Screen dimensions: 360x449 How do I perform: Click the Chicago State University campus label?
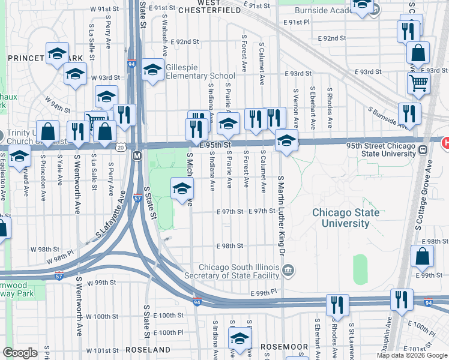345,218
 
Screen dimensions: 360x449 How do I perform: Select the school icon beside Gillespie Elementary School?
152,70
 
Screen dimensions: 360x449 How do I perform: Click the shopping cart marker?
418,83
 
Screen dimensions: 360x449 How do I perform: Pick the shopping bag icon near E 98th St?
422,256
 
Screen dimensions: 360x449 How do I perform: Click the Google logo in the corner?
20,353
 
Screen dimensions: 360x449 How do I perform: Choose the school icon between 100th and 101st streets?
240,338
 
